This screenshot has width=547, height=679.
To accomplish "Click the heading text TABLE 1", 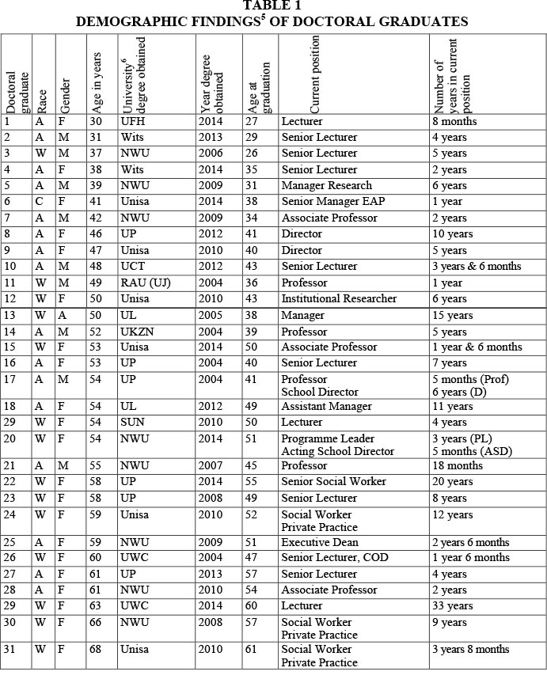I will tap(272, 7).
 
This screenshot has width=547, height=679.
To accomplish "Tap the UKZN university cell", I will tap(137, 331).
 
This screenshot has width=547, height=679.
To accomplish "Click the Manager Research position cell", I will tap(326, 186).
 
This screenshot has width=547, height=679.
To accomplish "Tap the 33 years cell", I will tap(454, 607).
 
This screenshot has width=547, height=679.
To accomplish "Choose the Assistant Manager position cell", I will tap(326, 407).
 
